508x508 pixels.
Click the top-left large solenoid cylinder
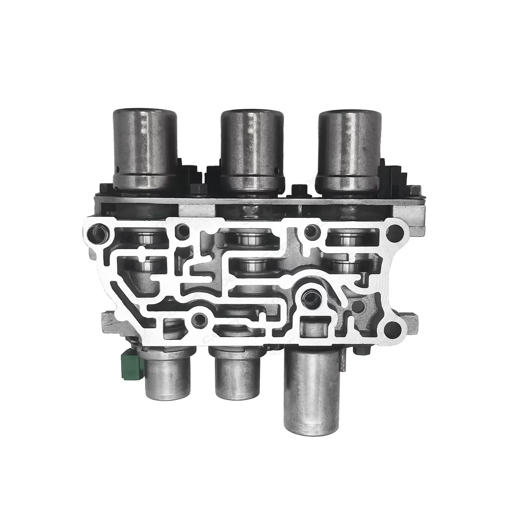pos(145,147)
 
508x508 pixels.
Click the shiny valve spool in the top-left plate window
pos(144,238)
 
